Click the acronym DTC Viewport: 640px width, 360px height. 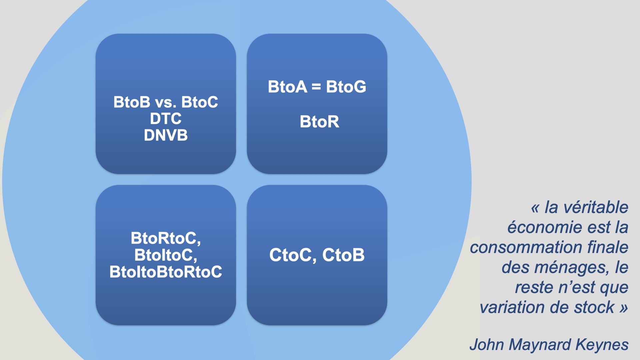click(x=166, y=119)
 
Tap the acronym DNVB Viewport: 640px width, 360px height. click(x=166, y=135)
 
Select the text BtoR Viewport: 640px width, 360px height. click(x=319, y=122)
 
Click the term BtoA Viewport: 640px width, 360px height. click(x=287, y=87)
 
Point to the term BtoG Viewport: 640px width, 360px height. click(x=346, y=87)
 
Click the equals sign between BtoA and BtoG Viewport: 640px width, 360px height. click(x=316, y=87)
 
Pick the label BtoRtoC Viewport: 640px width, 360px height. click(x=166, y=239)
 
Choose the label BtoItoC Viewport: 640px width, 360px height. click(x=166, y=255)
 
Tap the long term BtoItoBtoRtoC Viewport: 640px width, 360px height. click(x=166, y=272)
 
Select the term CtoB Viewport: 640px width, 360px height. click(x=343, y=255)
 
